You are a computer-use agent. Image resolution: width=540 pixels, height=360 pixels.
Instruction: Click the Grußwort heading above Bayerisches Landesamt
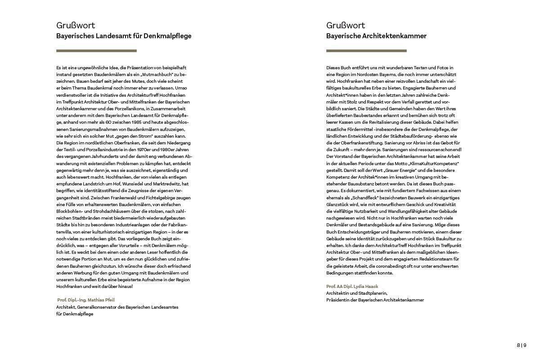(x=76, y=26)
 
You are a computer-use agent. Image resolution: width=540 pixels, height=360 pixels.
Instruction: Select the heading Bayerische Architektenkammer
(x=376, y=36)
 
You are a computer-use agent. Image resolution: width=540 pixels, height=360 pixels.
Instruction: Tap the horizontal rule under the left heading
(x=96, y=51)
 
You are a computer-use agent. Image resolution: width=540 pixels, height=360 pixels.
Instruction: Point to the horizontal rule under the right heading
(x=366, y=51)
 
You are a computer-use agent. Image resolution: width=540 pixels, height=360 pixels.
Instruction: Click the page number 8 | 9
(x=521, y=345)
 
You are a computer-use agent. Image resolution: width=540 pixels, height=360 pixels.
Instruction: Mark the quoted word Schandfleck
(x=361, y=198)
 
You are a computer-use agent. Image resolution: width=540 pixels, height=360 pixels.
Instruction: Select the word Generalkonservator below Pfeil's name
(x=97, y=307)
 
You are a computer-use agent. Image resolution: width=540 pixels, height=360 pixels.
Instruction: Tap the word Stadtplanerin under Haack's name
(x=372, y=293)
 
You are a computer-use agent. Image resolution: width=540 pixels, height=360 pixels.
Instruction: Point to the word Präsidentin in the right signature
(x=337, y=300)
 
